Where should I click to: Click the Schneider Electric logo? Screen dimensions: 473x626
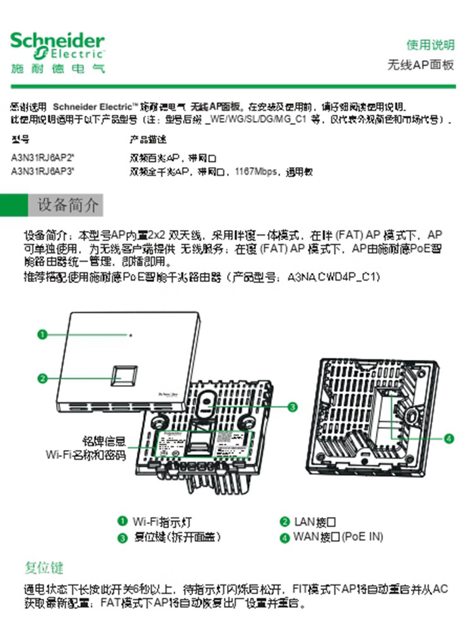click(57, 53)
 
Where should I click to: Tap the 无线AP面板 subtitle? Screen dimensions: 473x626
click(421, 66)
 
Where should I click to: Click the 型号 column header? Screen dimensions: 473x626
click(21, 139)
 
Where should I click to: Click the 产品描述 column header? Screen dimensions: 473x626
click(148, 139)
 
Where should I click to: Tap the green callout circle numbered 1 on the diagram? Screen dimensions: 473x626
click(42, 335)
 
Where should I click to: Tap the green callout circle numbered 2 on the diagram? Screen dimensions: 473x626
click(42, 379)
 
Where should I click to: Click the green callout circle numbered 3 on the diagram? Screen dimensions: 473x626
click(293, 407)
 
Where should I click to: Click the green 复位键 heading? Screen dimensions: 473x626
click(44, 568)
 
